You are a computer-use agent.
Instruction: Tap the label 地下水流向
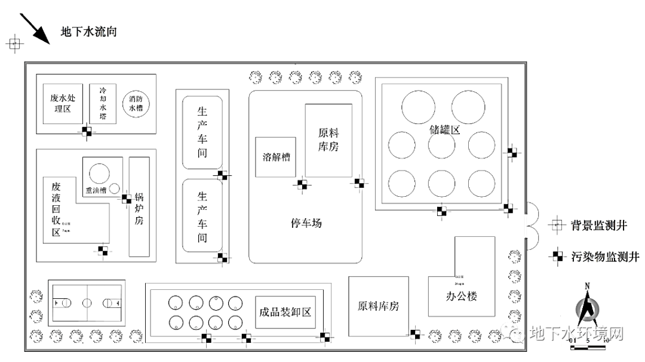pyautogui.click(x=88, y=32)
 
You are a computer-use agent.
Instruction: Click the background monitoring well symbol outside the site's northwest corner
pyautogui.click(x=14, y=44)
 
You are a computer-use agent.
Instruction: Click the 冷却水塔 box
pyautogui.click(x=103, y=103)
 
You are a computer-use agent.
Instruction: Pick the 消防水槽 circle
pyautogui.click(x=136, y=104)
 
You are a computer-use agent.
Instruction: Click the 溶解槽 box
pyautogui.click(x=277, y=157)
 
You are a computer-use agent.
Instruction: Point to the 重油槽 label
pyautogui.click(x=96, y=191)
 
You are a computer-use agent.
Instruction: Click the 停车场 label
pyautogui.click(x=306, y=223)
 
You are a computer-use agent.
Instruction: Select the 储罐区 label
pyautogui.click(x=444, y=129)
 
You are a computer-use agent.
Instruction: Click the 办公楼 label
pyautogui.click(x=461, y=296)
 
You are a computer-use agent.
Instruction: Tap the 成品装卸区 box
pyautogui.click(x=285, y=312)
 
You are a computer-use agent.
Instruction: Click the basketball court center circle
pyautogui.click(x=88, y=302)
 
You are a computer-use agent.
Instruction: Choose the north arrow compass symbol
pyautogui.click(x=588, y=310)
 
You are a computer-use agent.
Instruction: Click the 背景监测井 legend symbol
pyautogui.click(x=557, y=225)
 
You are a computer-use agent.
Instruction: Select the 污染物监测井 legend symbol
pyautogui.click(x=557, y=256)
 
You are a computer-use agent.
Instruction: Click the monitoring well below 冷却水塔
pyautogui.click(x=87, y=132)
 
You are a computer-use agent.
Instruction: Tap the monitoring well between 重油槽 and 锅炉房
pyautogui.click(x=127, y=199)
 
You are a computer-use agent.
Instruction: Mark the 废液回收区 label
pyautogui.click(x=56, y=209)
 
